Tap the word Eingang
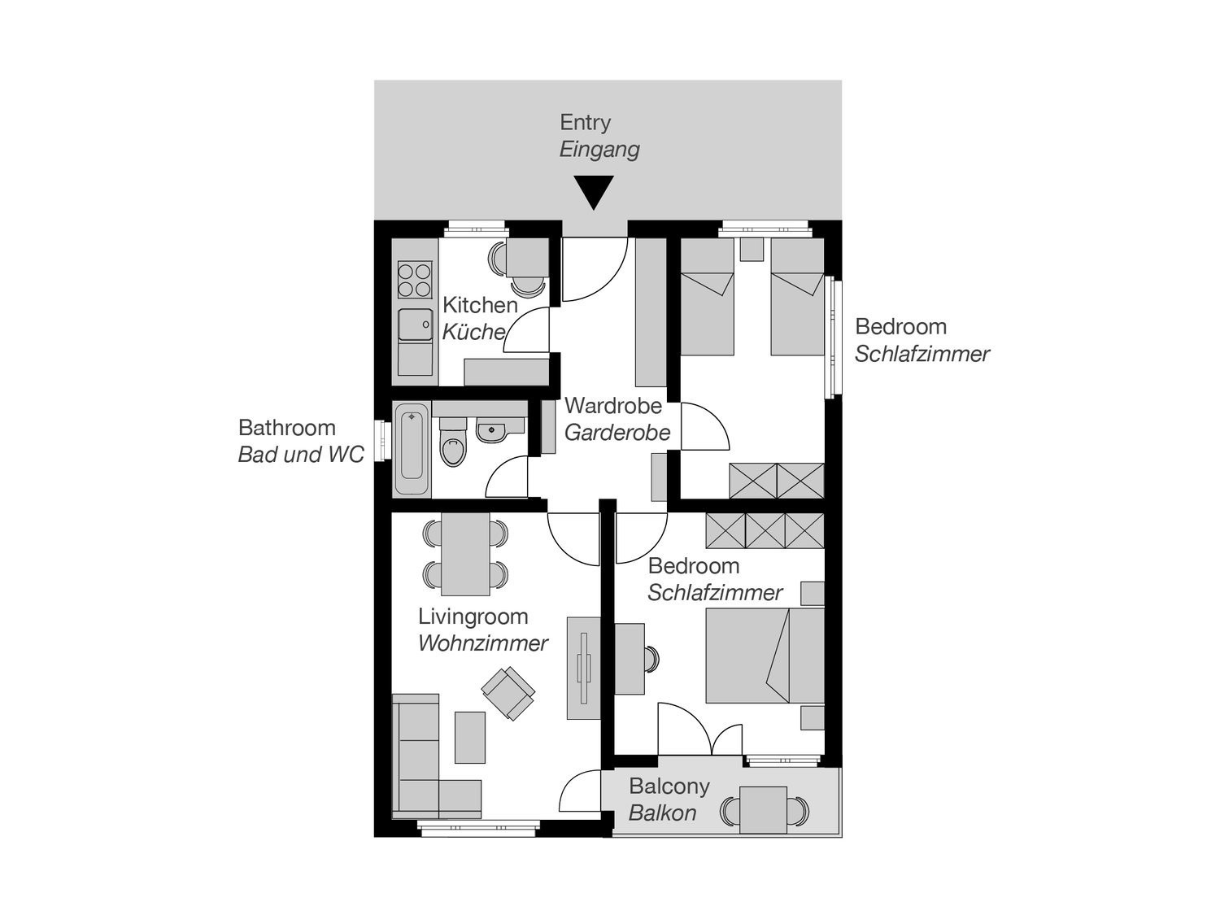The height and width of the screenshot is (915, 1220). [599, 150]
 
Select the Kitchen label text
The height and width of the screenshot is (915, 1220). [480, 305]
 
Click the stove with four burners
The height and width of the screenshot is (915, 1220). [415, 279]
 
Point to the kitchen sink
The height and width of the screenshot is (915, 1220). [415, 325]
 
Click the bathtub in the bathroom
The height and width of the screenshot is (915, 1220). [412, 451]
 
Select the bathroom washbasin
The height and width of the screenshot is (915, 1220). [491, 430]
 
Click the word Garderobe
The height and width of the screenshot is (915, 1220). [617, 433]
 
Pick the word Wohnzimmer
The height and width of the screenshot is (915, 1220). [483, 643]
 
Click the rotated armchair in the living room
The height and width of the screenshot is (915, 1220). [508, 692]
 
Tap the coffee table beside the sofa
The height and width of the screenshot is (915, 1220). [469, 737]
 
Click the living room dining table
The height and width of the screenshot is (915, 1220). [465, 554]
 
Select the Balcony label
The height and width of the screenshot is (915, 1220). [669, 786]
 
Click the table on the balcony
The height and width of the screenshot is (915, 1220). [763, 809]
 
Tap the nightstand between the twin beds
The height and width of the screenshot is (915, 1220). [752, 249]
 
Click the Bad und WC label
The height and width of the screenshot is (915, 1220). [301, 455]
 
